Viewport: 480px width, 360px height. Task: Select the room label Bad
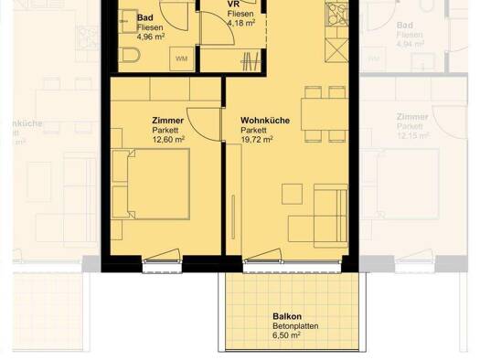click(144, 17)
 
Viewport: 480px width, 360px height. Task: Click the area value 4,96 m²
click(149, 37)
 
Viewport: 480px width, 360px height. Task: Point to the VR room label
click(232, 5)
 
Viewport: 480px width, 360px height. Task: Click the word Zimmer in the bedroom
click(167, 120)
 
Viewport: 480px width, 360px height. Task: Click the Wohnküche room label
click(265, 120)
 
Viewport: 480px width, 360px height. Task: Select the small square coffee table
click(292, 194)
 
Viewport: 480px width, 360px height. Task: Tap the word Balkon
click(286, 316)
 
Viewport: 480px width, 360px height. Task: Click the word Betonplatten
click(291, 325)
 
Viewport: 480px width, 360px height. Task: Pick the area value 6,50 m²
click(286, 335)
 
